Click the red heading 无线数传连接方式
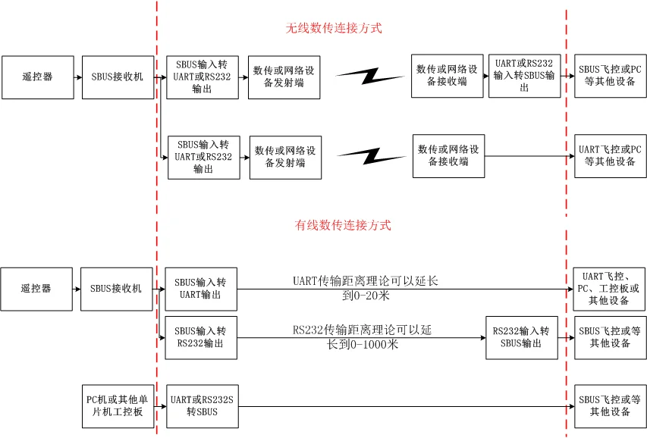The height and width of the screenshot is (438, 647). coord(333,28)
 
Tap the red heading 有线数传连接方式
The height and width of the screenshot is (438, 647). coord(343,225)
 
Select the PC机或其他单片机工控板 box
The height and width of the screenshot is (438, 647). coord(118,406)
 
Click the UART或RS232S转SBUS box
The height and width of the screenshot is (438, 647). coord(201,406)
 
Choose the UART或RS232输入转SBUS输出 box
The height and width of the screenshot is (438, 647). coord(524,76)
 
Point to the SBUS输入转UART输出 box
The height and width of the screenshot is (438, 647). coord(201,289)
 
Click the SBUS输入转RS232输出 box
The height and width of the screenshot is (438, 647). coord(201,337)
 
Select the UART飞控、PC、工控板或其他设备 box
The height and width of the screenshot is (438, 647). coord(609,288)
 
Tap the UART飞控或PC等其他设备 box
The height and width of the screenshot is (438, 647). coord(610,156)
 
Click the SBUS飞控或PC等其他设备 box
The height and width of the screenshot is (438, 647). coord(610,76)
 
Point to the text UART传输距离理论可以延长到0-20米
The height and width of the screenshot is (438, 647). coord(366,288)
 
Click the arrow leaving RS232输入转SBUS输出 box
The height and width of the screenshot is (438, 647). coord(566,337)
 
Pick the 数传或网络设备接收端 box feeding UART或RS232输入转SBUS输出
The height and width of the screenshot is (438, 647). coord(447,76)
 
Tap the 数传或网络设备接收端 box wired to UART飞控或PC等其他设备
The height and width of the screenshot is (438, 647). coord(448,156)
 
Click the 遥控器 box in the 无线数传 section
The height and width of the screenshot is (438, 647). coord(37,77)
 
